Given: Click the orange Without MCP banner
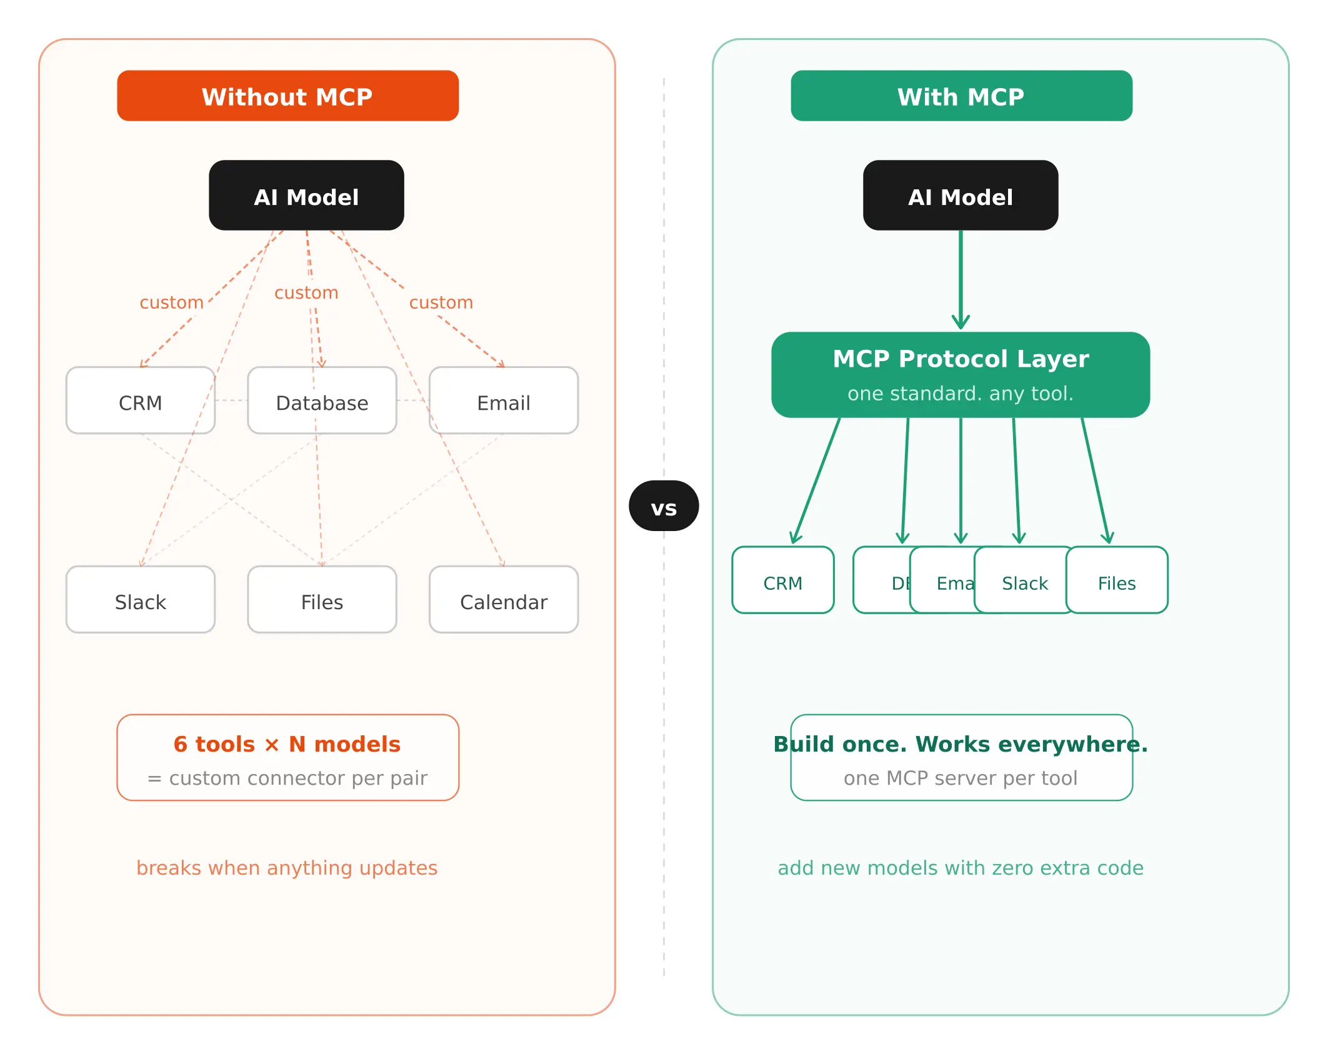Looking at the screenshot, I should (x=287, y=96).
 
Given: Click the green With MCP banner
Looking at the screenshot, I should (x=961, y=96).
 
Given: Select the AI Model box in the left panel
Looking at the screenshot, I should (x=306, y=196).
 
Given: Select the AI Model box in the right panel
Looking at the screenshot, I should (x=960, y=196).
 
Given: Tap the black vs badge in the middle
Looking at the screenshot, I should (x=663, y=506).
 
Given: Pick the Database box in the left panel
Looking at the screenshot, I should (x=322, y=400).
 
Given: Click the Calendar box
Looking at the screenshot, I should (x=503, y=600).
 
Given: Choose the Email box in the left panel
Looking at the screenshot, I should (x=503, y=400).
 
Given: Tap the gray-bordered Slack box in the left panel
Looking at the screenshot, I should (x=140, y=600).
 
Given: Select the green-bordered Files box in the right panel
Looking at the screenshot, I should (x=1117, y=580).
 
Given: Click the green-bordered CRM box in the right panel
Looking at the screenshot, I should (x=782, y=580).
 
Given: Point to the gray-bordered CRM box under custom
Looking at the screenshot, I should (x=140, y=400).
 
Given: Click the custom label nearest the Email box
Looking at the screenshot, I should (x=441, y=302).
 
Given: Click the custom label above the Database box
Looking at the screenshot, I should (x=306, y=292).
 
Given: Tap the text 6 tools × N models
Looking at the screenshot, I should (x=287, y=744).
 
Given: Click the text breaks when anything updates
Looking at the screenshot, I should (x=287, y=868).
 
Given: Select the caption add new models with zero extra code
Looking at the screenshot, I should (x=960, y=868).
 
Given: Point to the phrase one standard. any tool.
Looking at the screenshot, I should (x=960, y=394).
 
